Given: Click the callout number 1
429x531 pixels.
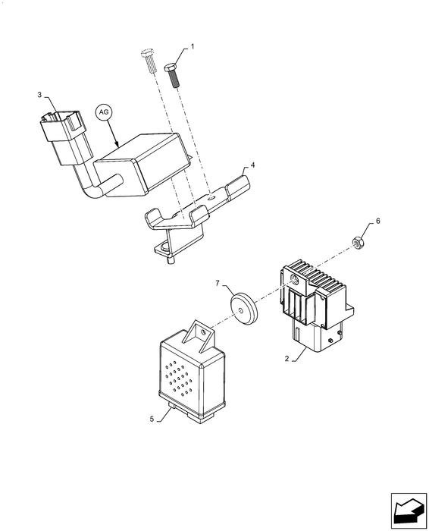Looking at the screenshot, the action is (x=193, y=46).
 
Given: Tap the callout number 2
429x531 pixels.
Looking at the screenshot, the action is (x=287, y=359).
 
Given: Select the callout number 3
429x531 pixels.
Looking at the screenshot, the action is (x=39, y=95).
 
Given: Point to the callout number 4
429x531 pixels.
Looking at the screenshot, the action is (x=252, y=165).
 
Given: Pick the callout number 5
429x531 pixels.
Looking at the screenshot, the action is (x=152, y=419).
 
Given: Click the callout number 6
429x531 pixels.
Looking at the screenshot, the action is (x=378, y=221).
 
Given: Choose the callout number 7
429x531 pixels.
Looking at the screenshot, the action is (x=218, y=283).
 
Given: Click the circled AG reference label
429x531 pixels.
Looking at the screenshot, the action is (x=104, y=112).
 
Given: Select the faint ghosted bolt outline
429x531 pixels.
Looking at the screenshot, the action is (x=149, y=61).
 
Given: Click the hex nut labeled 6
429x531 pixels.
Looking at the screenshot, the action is (x=356, y=243).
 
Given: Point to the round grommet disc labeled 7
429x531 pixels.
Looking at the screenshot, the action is (x=243, y=309).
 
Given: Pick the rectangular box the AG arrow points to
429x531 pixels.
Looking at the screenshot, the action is (x=142, y=165).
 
